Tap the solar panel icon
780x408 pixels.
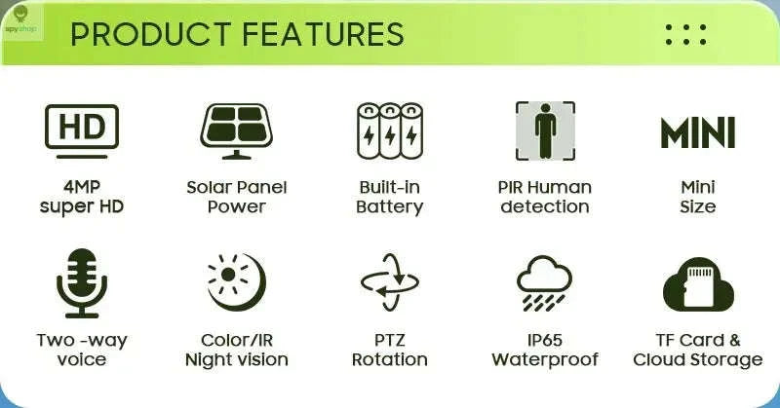(x=236, y=130)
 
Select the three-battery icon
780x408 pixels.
(x=389, y=130)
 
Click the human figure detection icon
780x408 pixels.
(x=545, y=130)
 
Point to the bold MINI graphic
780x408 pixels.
(x=698, y=132)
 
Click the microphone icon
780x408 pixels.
(x=82, y=281)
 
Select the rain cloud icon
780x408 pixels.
(x=545, y=283)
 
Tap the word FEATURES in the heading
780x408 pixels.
(x=322, y=34)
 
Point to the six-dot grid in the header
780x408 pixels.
(x=685, y=34)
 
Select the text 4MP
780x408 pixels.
(x=82, y=186)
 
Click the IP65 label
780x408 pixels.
(x=545, y=340)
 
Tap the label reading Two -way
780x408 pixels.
(x=82, y=340)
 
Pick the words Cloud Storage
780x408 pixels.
(x=698, y=360)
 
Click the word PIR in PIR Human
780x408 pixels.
(x=513, y=186)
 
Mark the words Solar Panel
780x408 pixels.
(x=236, y=186)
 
